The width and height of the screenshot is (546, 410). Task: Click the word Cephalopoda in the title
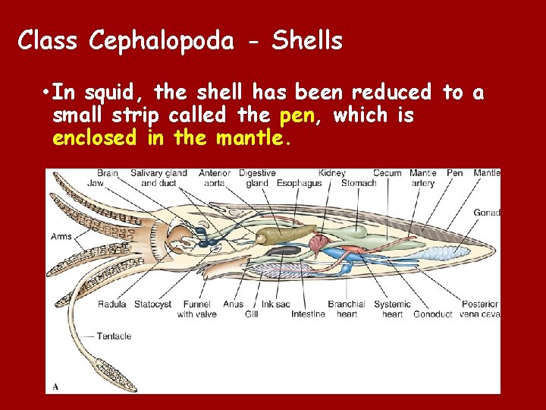[161, 40]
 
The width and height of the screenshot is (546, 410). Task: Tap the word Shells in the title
[307, 40]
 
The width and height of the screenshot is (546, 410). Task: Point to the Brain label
[107, 173]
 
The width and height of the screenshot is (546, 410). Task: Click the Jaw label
[96, 183]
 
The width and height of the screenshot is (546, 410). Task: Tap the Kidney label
[332, 173]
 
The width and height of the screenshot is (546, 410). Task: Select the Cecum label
[388, 173]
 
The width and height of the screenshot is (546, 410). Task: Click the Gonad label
[486, 213]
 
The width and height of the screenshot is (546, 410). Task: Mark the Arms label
[61, 236]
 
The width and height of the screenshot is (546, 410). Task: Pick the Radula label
[111, 304]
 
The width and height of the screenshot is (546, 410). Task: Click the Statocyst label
[153, 304]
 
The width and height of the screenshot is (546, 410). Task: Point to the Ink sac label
[276, 304]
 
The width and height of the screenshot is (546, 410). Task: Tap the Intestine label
[308, 314]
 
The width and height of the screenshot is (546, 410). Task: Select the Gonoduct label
[434, 314]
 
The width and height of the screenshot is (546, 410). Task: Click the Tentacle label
[114, 336]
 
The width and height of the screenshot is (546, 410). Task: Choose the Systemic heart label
[392, 309]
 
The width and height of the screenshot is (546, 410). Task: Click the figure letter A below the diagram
[55, 387]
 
